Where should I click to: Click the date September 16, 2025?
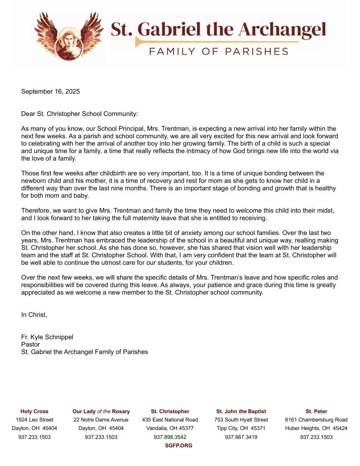[x=51, y=91]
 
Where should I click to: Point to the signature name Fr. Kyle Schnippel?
[x=47, y=337]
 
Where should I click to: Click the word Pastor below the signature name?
[x=30, y=344]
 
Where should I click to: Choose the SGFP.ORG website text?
[x=178, y=446]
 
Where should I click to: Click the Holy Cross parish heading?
[x=34, y=411]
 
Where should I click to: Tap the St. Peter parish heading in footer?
[x=316, y=411]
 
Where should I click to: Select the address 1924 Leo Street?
[x=34, y=420]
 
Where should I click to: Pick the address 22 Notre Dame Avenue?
[x=101, y=420]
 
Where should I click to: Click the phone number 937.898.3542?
[x=170, y=437]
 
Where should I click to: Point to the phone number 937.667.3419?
[x=241, y=437]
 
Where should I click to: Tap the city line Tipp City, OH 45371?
[x=241, y=428]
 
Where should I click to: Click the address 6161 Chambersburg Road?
[x=316, y=420]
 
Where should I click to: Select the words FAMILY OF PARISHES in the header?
[x=218, y=51]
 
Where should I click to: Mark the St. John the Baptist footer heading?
[x=241, y=411]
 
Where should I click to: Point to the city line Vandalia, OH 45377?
[x=170, y=428]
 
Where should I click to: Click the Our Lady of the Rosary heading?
[x=101, y=411]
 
